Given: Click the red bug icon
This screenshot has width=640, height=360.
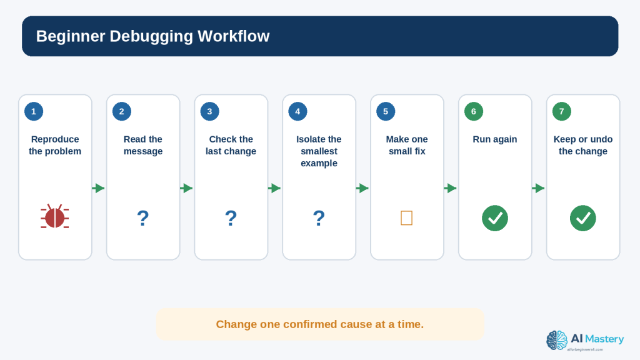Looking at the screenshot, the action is click(55, 217).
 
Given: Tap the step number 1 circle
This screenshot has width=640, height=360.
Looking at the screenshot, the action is click(34, 111).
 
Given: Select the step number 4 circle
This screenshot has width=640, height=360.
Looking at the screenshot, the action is click(297, 111).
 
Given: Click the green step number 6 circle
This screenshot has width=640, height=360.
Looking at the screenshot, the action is click(474, 111).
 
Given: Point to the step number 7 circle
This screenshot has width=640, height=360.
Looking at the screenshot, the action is click(562, 111).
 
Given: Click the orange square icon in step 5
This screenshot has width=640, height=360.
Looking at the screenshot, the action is click(406, 218).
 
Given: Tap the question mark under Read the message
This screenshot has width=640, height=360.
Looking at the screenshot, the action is click(143, 218).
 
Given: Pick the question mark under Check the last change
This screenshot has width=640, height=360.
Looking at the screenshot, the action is click(231, 218).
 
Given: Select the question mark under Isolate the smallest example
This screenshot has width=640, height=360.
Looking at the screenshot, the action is click(319, 218).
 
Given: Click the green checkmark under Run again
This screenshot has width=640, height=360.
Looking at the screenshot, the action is click(495, 218).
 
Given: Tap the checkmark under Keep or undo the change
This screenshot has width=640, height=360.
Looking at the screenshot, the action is click(583, 218).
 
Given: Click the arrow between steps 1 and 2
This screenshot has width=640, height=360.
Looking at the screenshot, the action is click(99, 188).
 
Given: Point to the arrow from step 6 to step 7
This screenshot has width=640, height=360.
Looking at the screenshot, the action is click(539, 188).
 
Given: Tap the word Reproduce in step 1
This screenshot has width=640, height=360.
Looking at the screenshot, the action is click(55, 139).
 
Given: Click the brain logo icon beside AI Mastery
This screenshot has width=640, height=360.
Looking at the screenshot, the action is click(557, 341).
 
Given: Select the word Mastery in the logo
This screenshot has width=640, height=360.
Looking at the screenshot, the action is click(604, 339).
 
